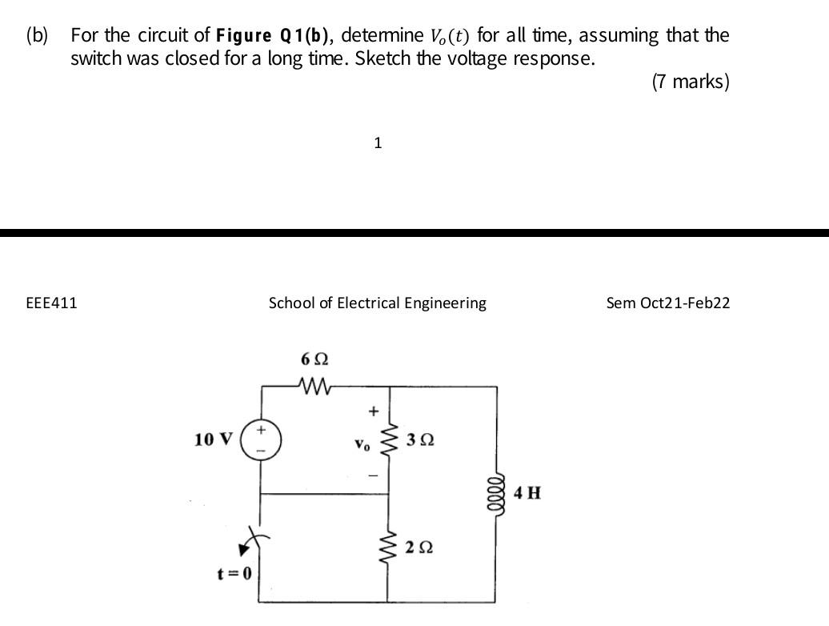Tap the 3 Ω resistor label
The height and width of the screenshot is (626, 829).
tap(420, 439)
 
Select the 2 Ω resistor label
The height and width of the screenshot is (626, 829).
tap(420, 548)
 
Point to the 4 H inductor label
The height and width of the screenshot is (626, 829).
tap(527, 492)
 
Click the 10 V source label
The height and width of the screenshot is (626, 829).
tap(214, 439)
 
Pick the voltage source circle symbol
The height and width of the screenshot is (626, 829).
tap(261, 439)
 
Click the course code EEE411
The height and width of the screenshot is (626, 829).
tap(52, 303)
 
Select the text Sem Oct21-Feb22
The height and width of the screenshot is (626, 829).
tap(668, 303)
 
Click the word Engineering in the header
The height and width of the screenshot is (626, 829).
tap(445, 303)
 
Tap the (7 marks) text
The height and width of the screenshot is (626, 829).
tap(691, 82)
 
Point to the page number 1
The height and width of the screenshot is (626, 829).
tap(378, 143)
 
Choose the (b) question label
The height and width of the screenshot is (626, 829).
tap(37, 36)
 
